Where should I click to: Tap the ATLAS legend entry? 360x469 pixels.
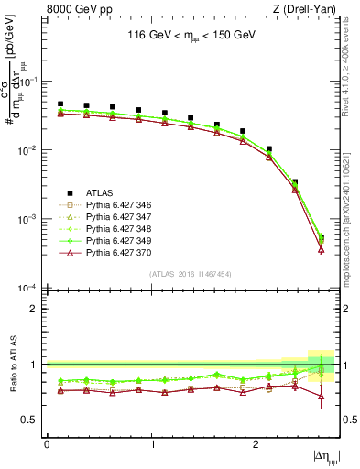[x=99, y=192]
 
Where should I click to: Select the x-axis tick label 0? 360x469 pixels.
[x=47, y=445]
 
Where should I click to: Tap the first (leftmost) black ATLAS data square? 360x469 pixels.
[x=60, y=104]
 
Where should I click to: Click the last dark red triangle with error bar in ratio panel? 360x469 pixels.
[x=321, y=396]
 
